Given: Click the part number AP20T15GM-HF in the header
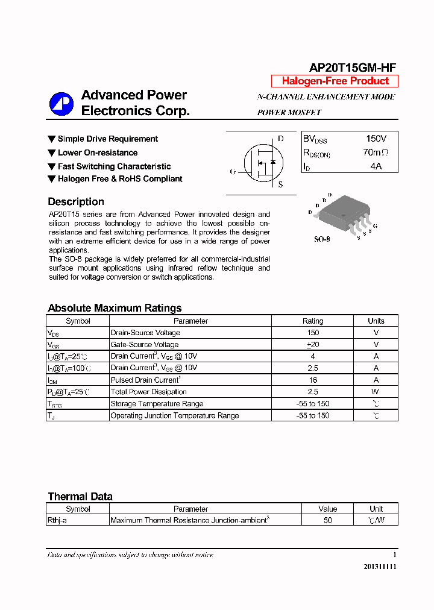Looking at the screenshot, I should pos(353,68).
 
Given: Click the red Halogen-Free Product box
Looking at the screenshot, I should pos(335,81).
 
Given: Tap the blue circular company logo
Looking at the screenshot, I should pos(61,104).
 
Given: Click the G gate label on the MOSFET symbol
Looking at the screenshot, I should pos(233,171).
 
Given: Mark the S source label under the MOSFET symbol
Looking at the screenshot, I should pos(280,185).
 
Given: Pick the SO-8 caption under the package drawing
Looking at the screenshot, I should pos(322,239).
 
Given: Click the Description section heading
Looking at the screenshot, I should pos(76,202).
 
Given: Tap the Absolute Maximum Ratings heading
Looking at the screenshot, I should pos(115,308).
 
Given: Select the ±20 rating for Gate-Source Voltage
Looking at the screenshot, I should pos(312,345).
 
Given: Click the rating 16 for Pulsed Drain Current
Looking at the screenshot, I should pos(312,380).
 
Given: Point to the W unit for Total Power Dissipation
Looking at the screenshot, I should pos(376,392).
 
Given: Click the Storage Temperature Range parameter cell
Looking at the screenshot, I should pos(157,404).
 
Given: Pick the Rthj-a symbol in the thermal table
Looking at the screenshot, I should pos(57,520).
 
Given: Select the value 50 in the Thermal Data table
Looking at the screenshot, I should pos(327,520).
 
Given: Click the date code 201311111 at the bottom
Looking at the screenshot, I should pos(380,567).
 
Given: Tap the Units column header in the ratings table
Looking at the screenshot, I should pos(376,321).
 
